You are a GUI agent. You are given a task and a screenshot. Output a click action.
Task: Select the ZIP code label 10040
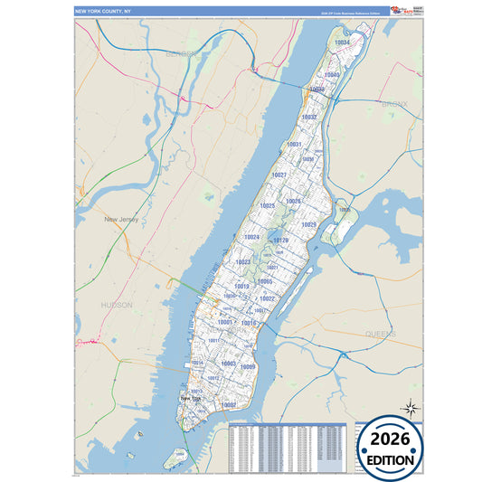coord(332,75)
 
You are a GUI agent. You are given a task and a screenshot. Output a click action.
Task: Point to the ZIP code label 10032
coord(309,118)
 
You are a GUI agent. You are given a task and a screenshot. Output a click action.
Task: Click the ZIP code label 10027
coord(279,175)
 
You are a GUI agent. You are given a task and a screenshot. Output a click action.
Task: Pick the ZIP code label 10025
coord(267,206)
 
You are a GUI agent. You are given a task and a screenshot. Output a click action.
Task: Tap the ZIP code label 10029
coord(308,224)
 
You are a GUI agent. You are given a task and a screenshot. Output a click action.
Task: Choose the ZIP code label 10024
coord(252,237)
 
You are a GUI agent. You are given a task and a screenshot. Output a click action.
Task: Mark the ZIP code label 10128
coord(281,241)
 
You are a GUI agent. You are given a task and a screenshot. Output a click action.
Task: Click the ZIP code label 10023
coord(242,262)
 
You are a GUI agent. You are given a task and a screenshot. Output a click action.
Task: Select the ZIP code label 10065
coord(265,281)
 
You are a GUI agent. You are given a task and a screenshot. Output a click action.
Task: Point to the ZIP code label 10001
coord(226,322)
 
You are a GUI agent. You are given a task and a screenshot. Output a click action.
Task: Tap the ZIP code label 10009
coord(249,366)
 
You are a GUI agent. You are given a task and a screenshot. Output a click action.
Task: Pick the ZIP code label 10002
coord(229,404)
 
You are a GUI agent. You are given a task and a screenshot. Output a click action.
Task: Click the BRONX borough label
coord(394,104)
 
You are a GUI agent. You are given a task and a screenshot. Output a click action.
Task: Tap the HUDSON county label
coord(117,306)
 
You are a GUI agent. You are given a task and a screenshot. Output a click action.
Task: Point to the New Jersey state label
coord(124,219)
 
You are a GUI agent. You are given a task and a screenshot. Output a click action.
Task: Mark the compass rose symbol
coord(410,409)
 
